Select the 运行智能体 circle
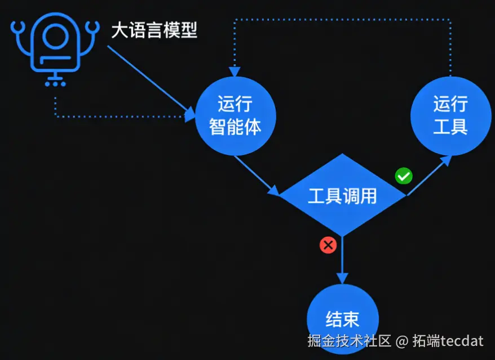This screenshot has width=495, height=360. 236,116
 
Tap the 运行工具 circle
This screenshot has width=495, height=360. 450,116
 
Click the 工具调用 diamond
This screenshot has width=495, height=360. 342,195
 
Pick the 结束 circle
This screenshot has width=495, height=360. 342,319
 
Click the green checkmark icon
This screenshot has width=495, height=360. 403,176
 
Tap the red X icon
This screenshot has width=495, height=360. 328,245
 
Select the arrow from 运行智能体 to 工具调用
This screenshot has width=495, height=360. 257,175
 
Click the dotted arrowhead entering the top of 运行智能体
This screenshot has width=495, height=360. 235,72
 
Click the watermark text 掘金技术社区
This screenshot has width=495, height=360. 350,341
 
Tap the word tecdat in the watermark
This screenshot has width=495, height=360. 462,341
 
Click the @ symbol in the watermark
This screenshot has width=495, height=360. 401,341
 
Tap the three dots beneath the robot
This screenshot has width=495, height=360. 55,84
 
